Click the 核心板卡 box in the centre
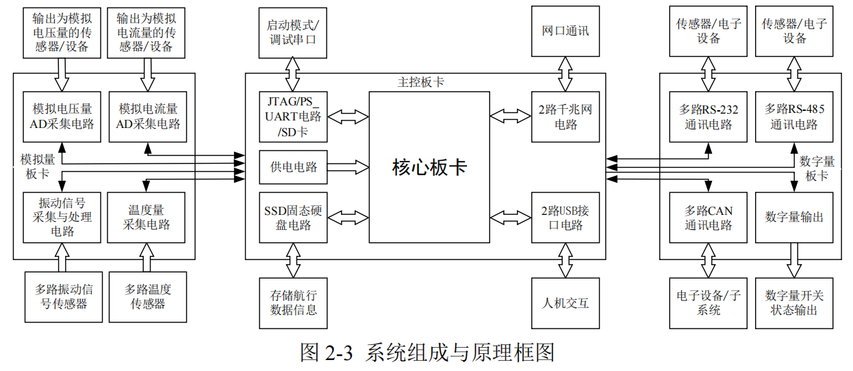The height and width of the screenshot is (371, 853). coord(429,167)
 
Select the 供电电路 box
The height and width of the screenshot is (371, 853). coord(293,167)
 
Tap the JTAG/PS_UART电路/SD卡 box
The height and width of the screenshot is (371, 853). coord(293,116)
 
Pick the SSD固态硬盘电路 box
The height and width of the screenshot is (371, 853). coord(293,218)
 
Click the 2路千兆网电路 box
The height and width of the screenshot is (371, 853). coord(565,116)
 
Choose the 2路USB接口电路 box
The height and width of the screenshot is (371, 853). coord(565,218)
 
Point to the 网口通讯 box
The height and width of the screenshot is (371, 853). coord(565,31)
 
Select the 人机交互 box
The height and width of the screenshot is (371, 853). coord(565,303)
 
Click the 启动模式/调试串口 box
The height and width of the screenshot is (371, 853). coord(293,31)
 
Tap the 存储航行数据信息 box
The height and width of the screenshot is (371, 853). coord(293,303)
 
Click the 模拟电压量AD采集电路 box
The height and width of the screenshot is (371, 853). coord(62,116)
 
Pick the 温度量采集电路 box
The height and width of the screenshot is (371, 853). coord(147,218)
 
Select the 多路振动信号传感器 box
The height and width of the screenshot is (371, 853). coord(62,297)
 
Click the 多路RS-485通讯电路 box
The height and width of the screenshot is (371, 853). coord(794,116)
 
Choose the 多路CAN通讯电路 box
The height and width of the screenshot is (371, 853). coord(709,218)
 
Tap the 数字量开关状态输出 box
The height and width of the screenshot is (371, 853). coord(794,303)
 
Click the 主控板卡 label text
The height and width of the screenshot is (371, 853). coord(420,82)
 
